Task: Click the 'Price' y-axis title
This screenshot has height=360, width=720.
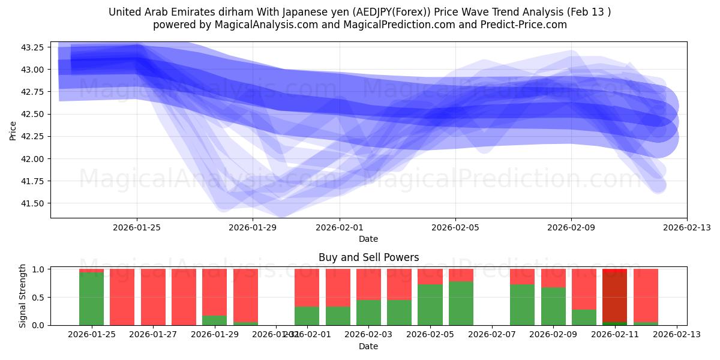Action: [x=13, y=130]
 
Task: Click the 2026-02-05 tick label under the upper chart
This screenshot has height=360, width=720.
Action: [x=455, y=227]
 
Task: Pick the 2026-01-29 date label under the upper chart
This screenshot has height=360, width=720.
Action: [x=252, y=227]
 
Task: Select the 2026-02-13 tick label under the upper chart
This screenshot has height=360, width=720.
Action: [x=686, y=227]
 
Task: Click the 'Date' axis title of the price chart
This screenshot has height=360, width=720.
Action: [x=368, y=239]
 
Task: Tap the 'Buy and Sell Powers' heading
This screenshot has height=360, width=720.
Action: [x=368, y=257]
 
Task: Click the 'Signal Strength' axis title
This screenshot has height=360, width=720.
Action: [x=23, y=296]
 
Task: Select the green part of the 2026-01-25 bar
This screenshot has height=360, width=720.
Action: [x=91, y=299]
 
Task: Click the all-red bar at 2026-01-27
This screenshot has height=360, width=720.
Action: [x=153, y=297]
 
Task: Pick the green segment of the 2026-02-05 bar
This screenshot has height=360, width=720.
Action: [x=430, y=305]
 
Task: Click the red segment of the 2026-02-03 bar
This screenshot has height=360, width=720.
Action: [x=368, y=284]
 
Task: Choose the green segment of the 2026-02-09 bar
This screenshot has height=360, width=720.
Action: [x=553, y=306]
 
